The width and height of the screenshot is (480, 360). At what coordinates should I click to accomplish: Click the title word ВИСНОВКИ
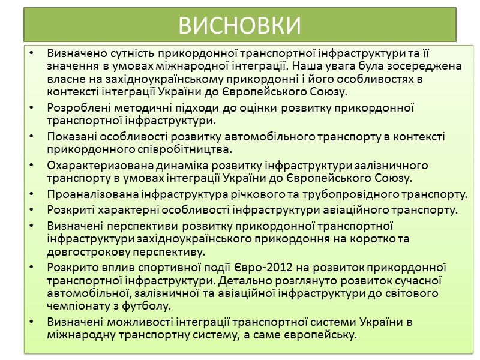tap(240, 25)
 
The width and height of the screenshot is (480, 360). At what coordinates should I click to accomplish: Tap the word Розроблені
tap(75, 108)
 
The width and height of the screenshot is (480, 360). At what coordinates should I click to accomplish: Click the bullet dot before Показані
tap(32, 137)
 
